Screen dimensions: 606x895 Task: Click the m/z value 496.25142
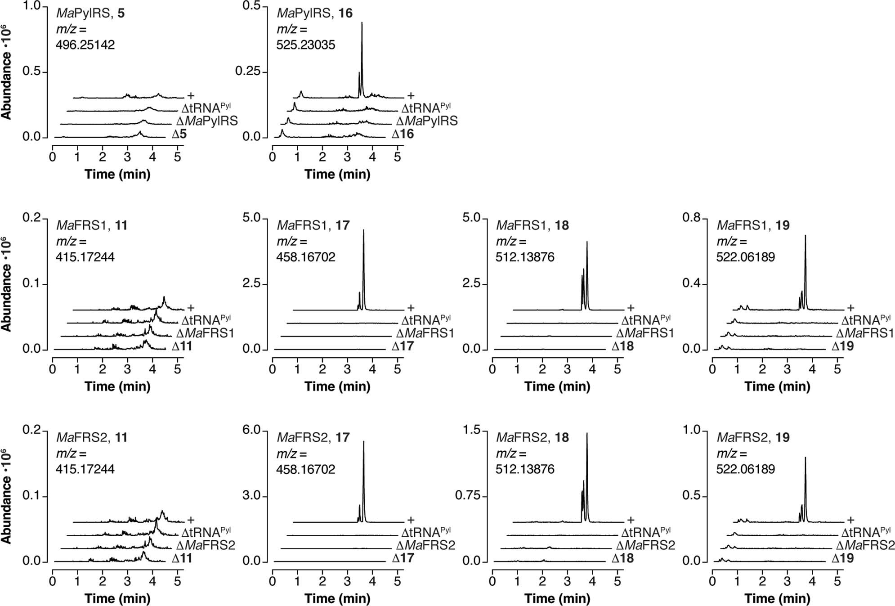pyautogui.click(x=85, y=45)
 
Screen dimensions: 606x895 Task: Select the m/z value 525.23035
pyautogui.click(x=305, y=45)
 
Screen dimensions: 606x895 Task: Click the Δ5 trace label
pyautogui.click(x=179, y=134)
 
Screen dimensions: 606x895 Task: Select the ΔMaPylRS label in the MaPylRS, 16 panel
pyautogui.click(x=426, y=121)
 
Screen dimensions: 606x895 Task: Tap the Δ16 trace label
pyautogui.click(x=403, y=134)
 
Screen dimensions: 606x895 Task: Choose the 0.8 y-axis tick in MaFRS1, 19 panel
pyautogui.click(x=692, y=218)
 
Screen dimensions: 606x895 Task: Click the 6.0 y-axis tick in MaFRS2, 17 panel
pyautogui.click(x=252, y=431)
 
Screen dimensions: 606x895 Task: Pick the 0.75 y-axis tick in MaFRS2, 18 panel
pyautogui.click(x=468, y=496)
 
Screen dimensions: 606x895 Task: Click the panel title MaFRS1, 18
pyautogui.click(x=533, y=225)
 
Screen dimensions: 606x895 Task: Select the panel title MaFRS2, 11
pyautogui.click(x=92, y=438)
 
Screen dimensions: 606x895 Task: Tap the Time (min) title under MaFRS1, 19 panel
pyautogui.click(x=777, y=386)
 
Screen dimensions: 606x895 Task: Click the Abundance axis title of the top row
pyautogui.click(x=6, y=72)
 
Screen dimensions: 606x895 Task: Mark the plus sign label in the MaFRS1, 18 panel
pyautogui.click(x=631, y=308)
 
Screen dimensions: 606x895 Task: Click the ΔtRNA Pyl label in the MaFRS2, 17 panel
pyautogui.click(x=426, y=533)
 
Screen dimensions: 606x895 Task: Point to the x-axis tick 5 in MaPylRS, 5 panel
pyautogui.click(x=178, y=157)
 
